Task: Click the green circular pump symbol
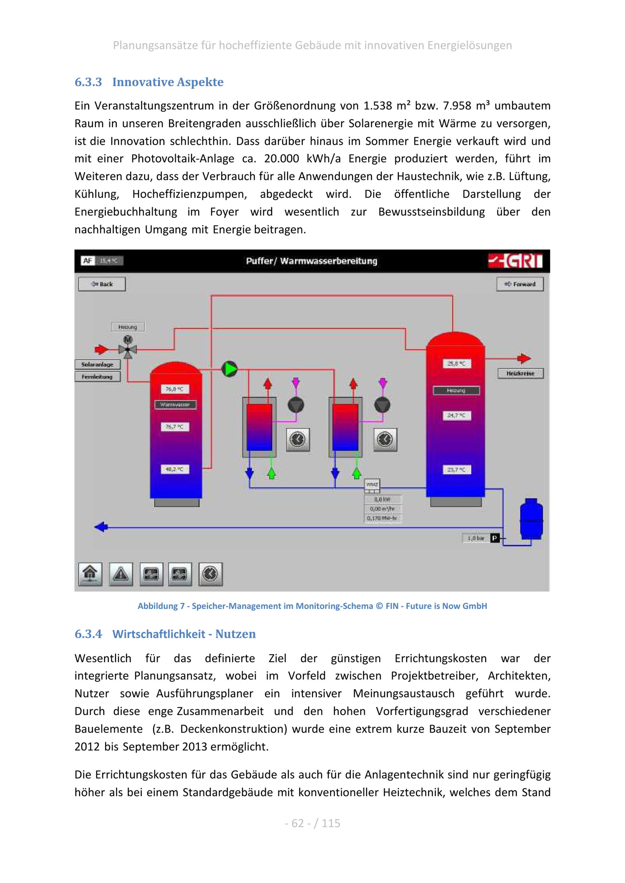coord(229,369)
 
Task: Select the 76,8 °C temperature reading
coord(174,389)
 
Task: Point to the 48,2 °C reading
coord(174,469)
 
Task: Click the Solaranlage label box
coord(97,364)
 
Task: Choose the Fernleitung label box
coord(97,377)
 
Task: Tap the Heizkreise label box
coord(520,373)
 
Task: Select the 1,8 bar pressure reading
coord(476,538)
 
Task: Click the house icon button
coord(90,574)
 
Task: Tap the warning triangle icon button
coord(121,574)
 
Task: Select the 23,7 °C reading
coord(456,470)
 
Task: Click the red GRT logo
coord(516,261)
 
